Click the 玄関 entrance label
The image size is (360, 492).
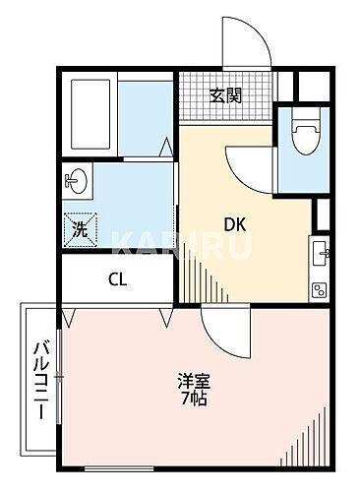[x=226, y=95]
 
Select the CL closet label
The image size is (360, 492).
[x=117, y=278]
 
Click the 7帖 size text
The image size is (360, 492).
[x=193, y=400]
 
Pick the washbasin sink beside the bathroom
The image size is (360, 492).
[x=77, y=183]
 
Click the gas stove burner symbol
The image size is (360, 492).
[x=320, y=287]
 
